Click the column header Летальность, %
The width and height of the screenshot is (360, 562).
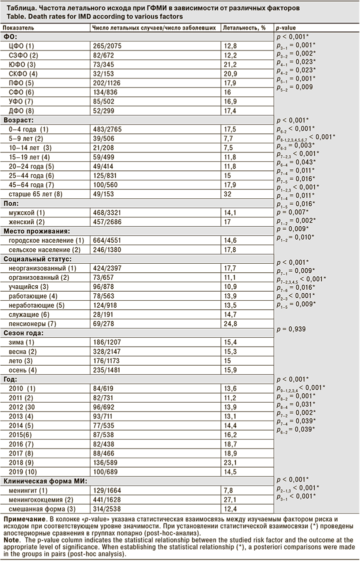[x=244, y=28]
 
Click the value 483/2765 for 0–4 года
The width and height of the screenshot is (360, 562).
[x=107, y=130]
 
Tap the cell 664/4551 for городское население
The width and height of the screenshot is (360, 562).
[x=107, y=240]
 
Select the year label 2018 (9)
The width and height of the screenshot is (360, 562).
[x=23, y=463]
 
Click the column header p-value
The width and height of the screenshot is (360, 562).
[x=287, y=28]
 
